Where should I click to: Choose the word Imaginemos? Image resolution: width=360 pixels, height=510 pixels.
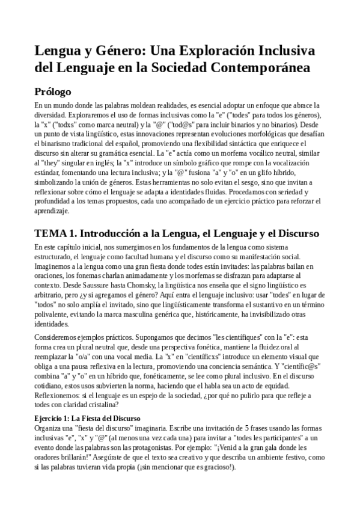[56, 266]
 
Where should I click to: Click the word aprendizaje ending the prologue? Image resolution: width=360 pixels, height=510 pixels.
[53, 211]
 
